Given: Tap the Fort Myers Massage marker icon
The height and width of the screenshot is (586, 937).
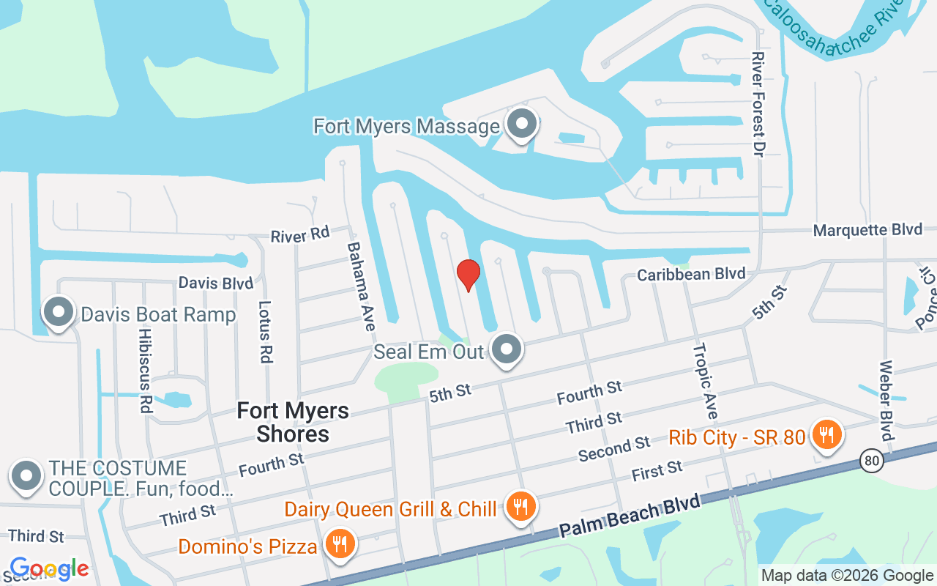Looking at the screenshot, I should tap(522, 125).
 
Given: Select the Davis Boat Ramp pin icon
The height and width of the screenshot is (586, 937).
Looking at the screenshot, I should tap(59, 314).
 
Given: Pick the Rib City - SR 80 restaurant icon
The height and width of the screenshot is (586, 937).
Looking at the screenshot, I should tap(826, 437).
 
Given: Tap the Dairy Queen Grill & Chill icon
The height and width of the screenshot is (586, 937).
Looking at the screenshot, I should tap(520, 508).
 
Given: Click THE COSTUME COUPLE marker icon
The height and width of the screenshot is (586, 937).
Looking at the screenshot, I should tap(27, 477).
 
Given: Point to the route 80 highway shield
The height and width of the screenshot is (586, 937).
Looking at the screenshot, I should tap(871, 461).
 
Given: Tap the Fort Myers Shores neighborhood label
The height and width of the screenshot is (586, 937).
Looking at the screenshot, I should tap(293, 422).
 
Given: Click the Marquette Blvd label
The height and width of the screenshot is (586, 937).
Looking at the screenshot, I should tap(867, 230).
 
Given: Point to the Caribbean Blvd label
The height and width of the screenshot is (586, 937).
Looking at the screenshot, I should tap(691, 274).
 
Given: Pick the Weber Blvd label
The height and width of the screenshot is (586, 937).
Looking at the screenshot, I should tap(886, 401).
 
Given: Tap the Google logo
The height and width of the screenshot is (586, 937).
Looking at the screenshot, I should tap(49, 568).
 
